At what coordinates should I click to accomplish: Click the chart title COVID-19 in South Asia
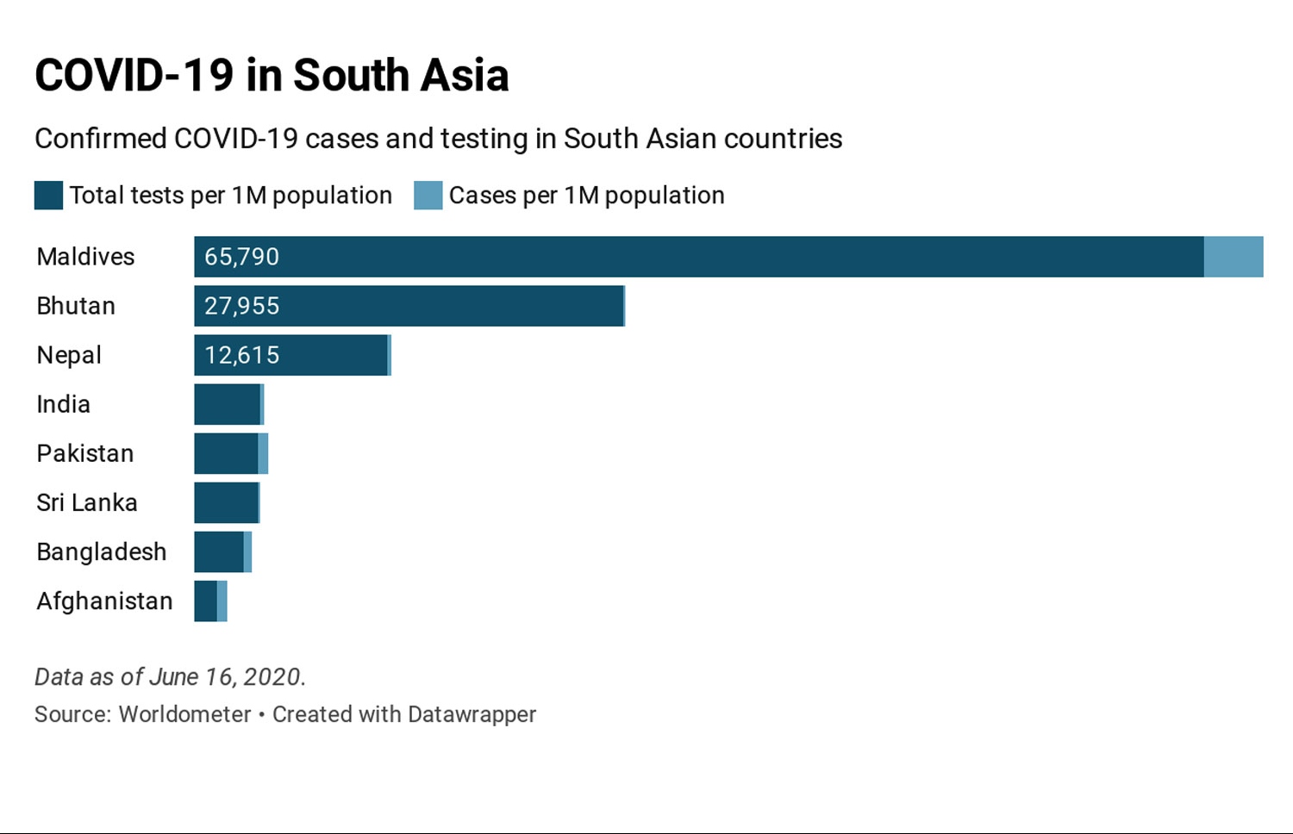(x=272, y=75)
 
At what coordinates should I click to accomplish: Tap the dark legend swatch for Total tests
(x=48, y=196)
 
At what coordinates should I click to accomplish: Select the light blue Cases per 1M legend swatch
(x=428, y=196)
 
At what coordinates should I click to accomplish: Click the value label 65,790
(x=241, y=257)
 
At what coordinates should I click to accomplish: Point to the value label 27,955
(x=241, y=306)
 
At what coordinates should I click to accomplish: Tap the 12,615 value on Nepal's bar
(x=241, y=355)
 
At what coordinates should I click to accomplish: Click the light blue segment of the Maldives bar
(x=1233, y=257)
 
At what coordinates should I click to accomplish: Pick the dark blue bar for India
(x=227, y=404)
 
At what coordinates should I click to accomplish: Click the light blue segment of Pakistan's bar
(x=263, y=453)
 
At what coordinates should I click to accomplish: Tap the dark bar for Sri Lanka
(x=226, y=502)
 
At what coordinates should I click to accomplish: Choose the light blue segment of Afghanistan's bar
(x=222, y=601)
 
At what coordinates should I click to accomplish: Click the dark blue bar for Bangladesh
(x=219, y=551)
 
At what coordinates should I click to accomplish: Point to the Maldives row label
(x=85, y=257)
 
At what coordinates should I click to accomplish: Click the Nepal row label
(x=69, y=355)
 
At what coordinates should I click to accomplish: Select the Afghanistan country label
(x=104, y=601)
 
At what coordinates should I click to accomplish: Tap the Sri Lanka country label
(x=87, y=502)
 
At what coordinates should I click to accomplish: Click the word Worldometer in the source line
(x=184, y=714)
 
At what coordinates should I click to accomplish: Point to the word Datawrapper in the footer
(x=472, y=714)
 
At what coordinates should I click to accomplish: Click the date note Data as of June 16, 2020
(x=170, y=677)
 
